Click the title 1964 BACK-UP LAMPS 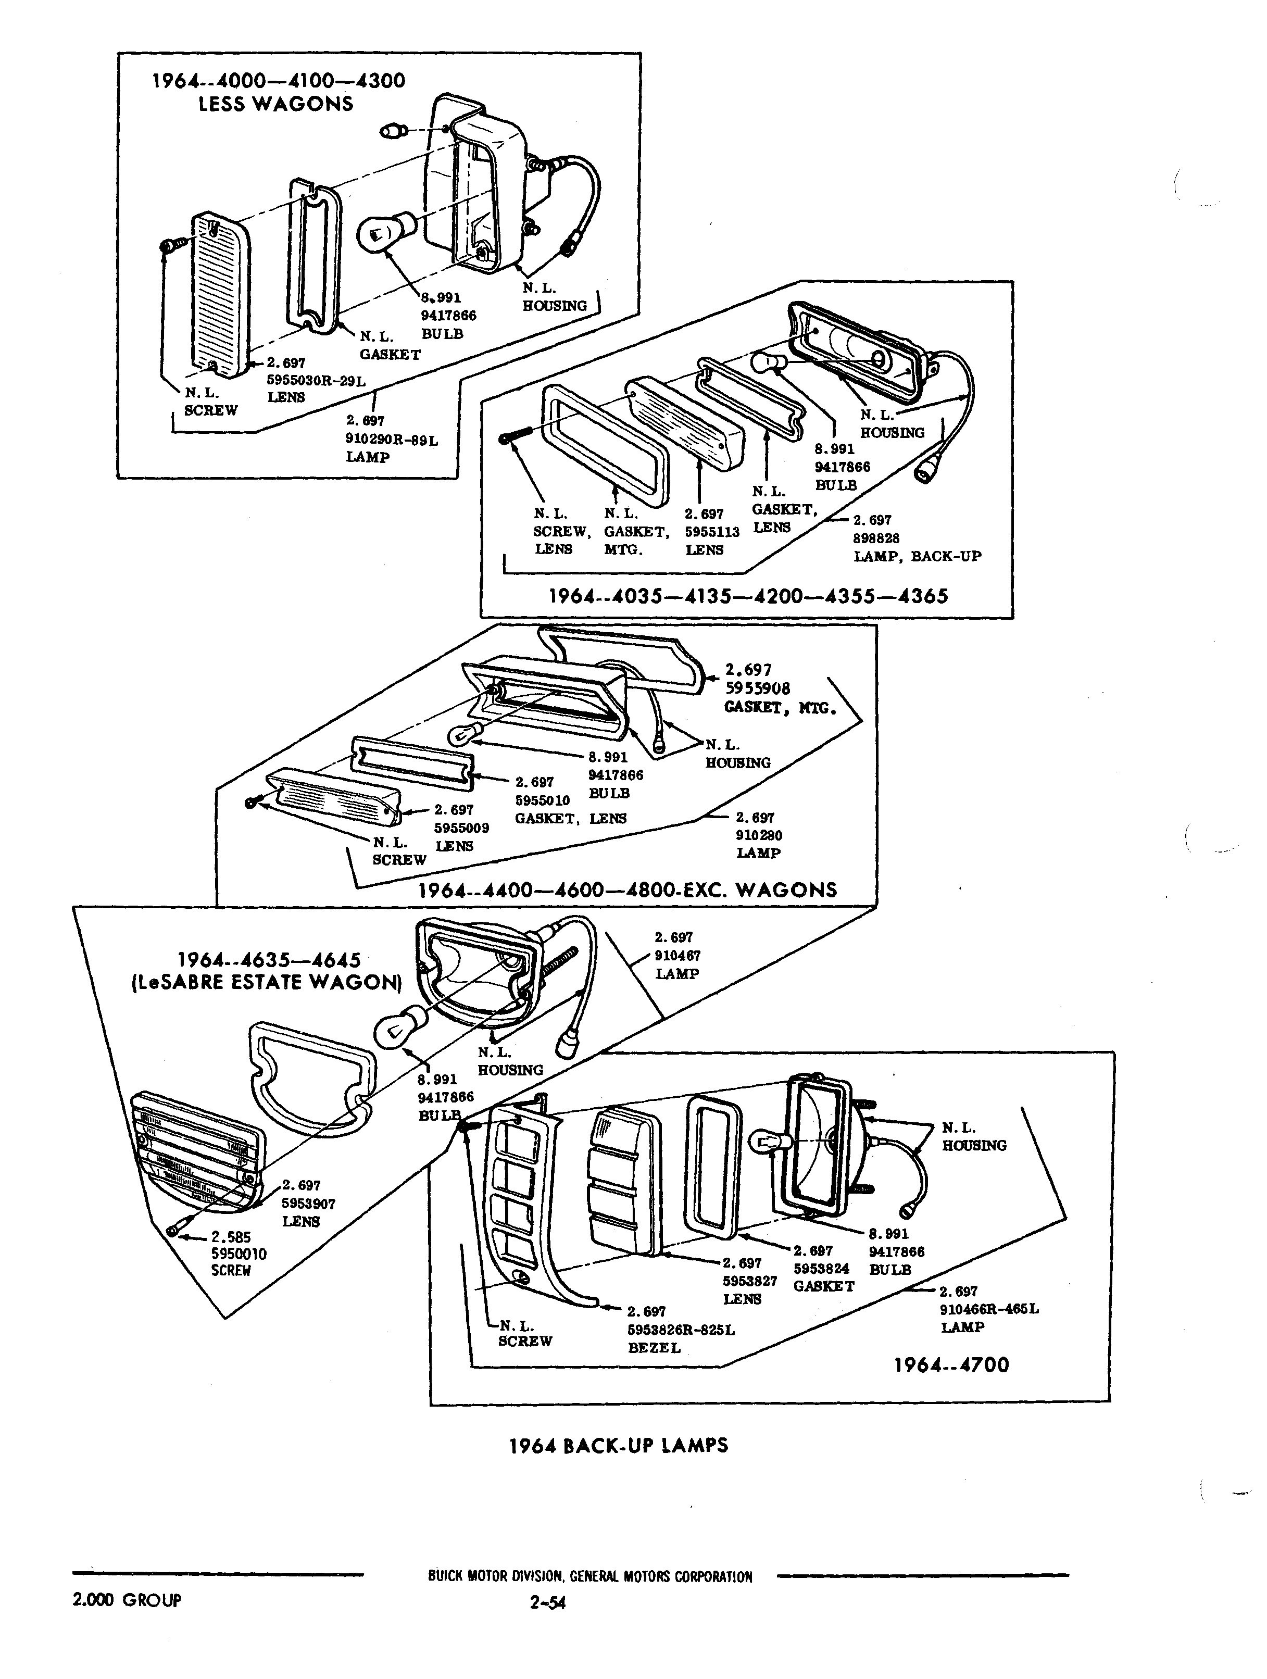click(619, 1445)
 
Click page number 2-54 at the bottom click(549, 1602)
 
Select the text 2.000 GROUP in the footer click(127, 1600)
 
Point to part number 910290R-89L click(392, 438)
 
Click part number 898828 click(876, 537)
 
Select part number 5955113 click(711, 532)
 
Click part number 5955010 click(542, 800)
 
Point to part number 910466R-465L click(988, 1309)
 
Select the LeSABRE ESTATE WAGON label click(264, 982)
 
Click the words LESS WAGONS click(275, 104)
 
